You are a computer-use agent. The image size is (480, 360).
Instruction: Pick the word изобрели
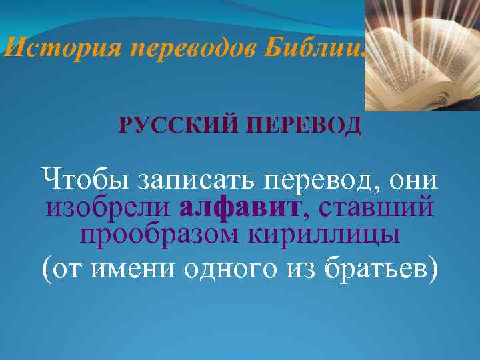107,207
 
